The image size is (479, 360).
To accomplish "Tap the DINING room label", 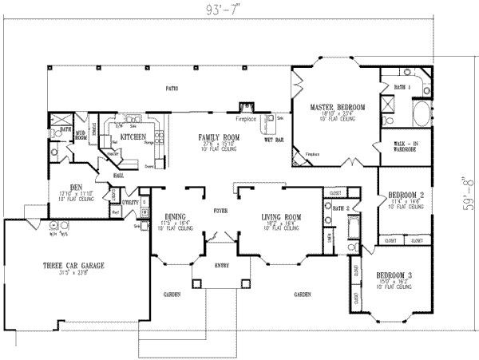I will coord(175,216).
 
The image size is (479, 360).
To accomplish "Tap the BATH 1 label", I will coord(402,85).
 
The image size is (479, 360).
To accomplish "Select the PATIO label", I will coord(171,88).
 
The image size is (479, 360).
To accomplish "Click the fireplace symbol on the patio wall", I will coord(247,106).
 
